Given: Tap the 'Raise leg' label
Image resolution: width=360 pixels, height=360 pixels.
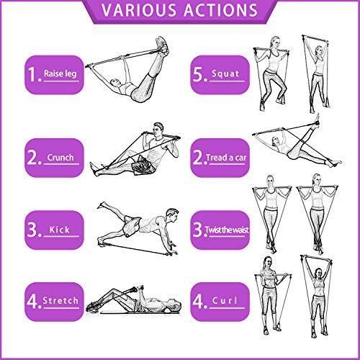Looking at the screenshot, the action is [x=60, y=73].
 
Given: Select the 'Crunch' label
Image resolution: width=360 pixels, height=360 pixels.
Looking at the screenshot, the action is [x=60, y=158].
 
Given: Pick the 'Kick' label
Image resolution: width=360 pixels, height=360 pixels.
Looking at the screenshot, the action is [x=59, y=230].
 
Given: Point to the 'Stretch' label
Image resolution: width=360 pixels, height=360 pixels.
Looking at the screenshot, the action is [x=60, y=300].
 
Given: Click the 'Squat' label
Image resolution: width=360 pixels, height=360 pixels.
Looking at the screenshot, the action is [x=225, y=73].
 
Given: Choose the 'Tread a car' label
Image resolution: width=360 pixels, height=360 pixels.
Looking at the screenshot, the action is [x=226, y=158].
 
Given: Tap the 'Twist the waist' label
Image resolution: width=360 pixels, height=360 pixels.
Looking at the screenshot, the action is [x=227, y=230].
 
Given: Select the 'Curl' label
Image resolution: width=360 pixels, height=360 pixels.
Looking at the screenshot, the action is [x=225, y=300].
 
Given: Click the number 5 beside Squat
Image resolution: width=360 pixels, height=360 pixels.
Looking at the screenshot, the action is [x=199, y=74].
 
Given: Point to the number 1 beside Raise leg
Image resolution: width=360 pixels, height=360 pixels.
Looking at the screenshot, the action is [x=32, y=74].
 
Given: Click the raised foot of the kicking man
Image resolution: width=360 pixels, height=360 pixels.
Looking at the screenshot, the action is [x=102, y=205].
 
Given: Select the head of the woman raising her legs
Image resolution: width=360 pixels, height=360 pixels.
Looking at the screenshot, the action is [x=114, y=83].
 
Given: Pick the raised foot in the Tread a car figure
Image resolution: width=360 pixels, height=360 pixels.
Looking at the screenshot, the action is [x=318, y=120].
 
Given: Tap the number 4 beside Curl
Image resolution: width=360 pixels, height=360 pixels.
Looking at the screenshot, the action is [x=199, y=301].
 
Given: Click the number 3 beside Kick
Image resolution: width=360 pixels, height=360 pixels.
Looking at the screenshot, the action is [x=32, y=230].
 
